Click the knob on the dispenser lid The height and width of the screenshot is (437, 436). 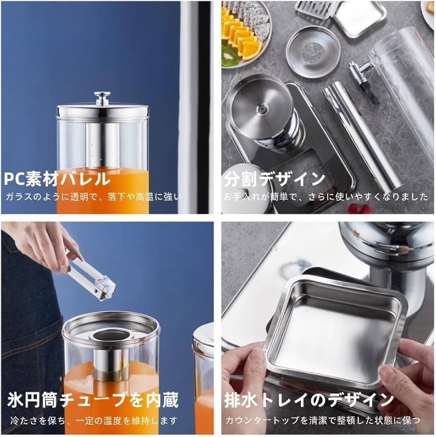point(102,98)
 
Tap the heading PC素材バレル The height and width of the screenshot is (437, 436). point(57,179)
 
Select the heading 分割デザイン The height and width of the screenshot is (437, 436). point(275,179)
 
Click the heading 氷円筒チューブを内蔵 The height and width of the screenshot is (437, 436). point(93,400)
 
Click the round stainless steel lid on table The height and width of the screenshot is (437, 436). point(313,51)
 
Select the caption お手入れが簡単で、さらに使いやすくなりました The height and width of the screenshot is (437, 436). point(326,197)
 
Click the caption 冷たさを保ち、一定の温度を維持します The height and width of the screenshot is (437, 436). point(93,420)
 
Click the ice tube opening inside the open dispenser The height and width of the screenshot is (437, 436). point(109,335)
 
